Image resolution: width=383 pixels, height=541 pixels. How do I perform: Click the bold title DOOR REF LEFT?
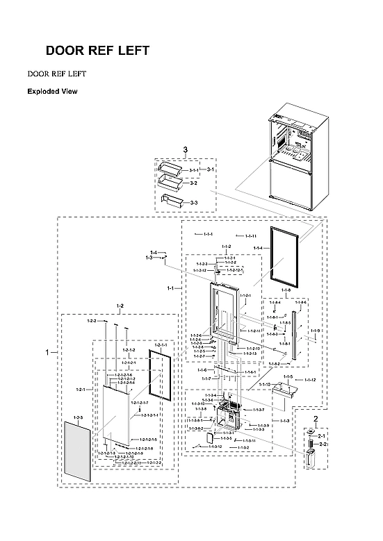point(97,51)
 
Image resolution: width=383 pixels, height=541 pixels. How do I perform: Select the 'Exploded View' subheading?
point(52,92)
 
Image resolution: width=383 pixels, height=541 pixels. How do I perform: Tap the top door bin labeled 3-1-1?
point(170,167)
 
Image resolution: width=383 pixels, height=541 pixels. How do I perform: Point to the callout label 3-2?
point(194,183)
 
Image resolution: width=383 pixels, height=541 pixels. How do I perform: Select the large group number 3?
point(186,150)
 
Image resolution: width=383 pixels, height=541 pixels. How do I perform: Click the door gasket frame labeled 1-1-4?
point(284,255)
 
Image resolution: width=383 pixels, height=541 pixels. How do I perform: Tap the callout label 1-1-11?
point(251,236)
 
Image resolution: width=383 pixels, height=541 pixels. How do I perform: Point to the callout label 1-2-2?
point(92,321)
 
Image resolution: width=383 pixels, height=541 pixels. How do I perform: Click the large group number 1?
point(47,353)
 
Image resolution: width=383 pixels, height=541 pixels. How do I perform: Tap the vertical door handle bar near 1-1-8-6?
point(300,338)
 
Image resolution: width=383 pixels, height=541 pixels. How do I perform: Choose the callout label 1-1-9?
point(316,331)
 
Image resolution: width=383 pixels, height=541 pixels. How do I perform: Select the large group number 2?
point(316,419)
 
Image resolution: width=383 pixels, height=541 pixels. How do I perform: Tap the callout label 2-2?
point(323,444)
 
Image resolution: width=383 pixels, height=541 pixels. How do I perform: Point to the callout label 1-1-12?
point(310,380)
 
